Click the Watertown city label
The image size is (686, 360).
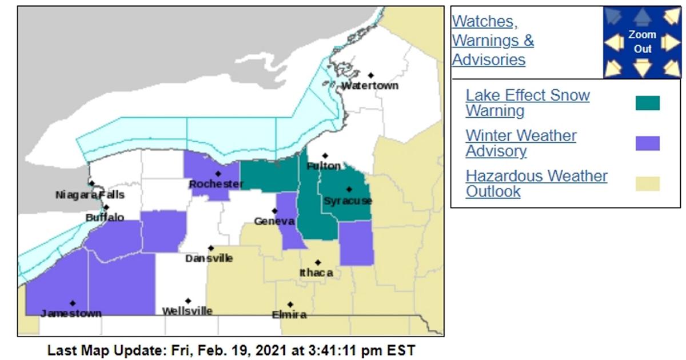coord(369,86)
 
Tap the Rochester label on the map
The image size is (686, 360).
coord(216,184)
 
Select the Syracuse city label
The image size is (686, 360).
coord(348,201)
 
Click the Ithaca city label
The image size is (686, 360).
coord(316,273)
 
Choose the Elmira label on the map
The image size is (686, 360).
coord(289,314)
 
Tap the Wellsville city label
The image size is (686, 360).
coord(187,311)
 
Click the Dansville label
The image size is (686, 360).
coord(209,258)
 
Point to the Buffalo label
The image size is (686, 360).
coord(105,218)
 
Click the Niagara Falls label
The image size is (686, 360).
coord(89,195)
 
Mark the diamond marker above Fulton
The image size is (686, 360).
coord(325,155)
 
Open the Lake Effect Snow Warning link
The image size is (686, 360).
coord(527,103)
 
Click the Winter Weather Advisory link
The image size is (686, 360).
coord(521,143)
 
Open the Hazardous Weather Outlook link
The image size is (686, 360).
coord(536,183)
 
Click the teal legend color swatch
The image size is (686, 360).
coord(647,103)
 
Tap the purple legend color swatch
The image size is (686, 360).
coord(647,143)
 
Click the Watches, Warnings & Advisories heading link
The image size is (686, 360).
coord(492,41)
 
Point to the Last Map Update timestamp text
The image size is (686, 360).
coord(231,350)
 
